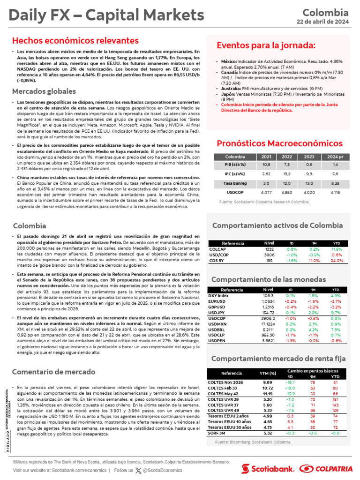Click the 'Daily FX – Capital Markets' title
point(106,15)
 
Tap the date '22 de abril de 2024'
point(322,21)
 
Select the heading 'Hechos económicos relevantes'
point(75,41)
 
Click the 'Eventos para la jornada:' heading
point(266,45)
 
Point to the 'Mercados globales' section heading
point(44,91)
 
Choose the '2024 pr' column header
point(335,157)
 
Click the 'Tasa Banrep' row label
point(235,183)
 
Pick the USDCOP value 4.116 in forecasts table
point(335,192)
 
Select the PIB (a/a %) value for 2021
point(266,165)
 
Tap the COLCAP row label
point(217,249)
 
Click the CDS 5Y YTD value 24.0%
point(337,261)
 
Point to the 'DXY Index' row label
point(218,296)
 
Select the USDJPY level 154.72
point(269,312)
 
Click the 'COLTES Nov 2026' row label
point(225,382)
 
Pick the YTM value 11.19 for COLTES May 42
point(268,394)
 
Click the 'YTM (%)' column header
point(268,373)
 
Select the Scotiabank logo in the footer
point(268,468)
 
